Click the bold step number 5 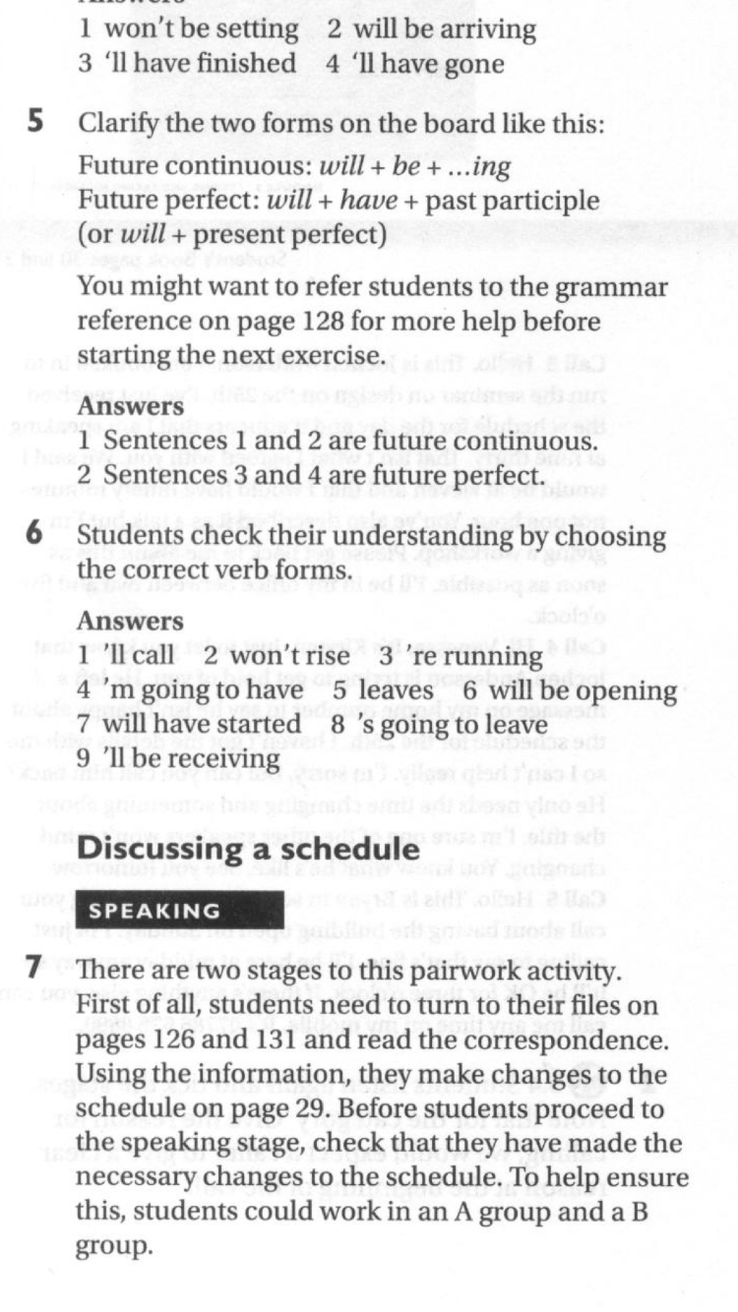(x=34, y=125)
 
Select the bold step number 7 (x=34, y=969)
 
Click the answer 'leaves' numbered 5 (x=403, y=691)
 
